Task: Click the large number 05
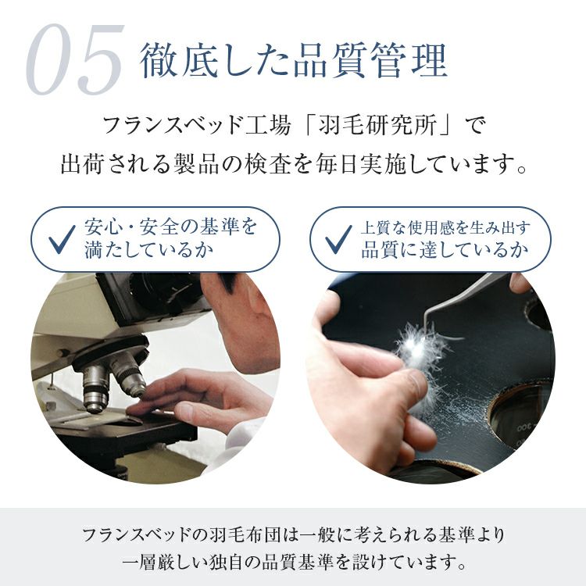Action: click(x=75, y=59)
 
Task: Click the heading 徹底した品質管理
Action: click(x=294, y=61)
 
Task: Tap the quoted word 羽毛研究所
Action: click(x=377, y=125)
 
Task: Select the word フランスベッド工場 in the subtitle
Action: click(x=197, y=125)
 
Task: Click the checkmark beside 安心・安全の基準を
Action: click(x=62, y=239)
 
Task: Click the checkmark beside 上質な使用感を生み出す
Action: click(x=338, y=239)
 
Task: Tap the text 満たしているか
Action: click(x=148, y=250)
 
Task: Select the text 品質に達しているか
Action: click(x=445, y=250)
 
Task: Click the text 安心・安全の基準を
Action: click(x=171, y=227)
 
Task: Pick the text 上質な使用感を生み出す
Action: click(x=445, y=227)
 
